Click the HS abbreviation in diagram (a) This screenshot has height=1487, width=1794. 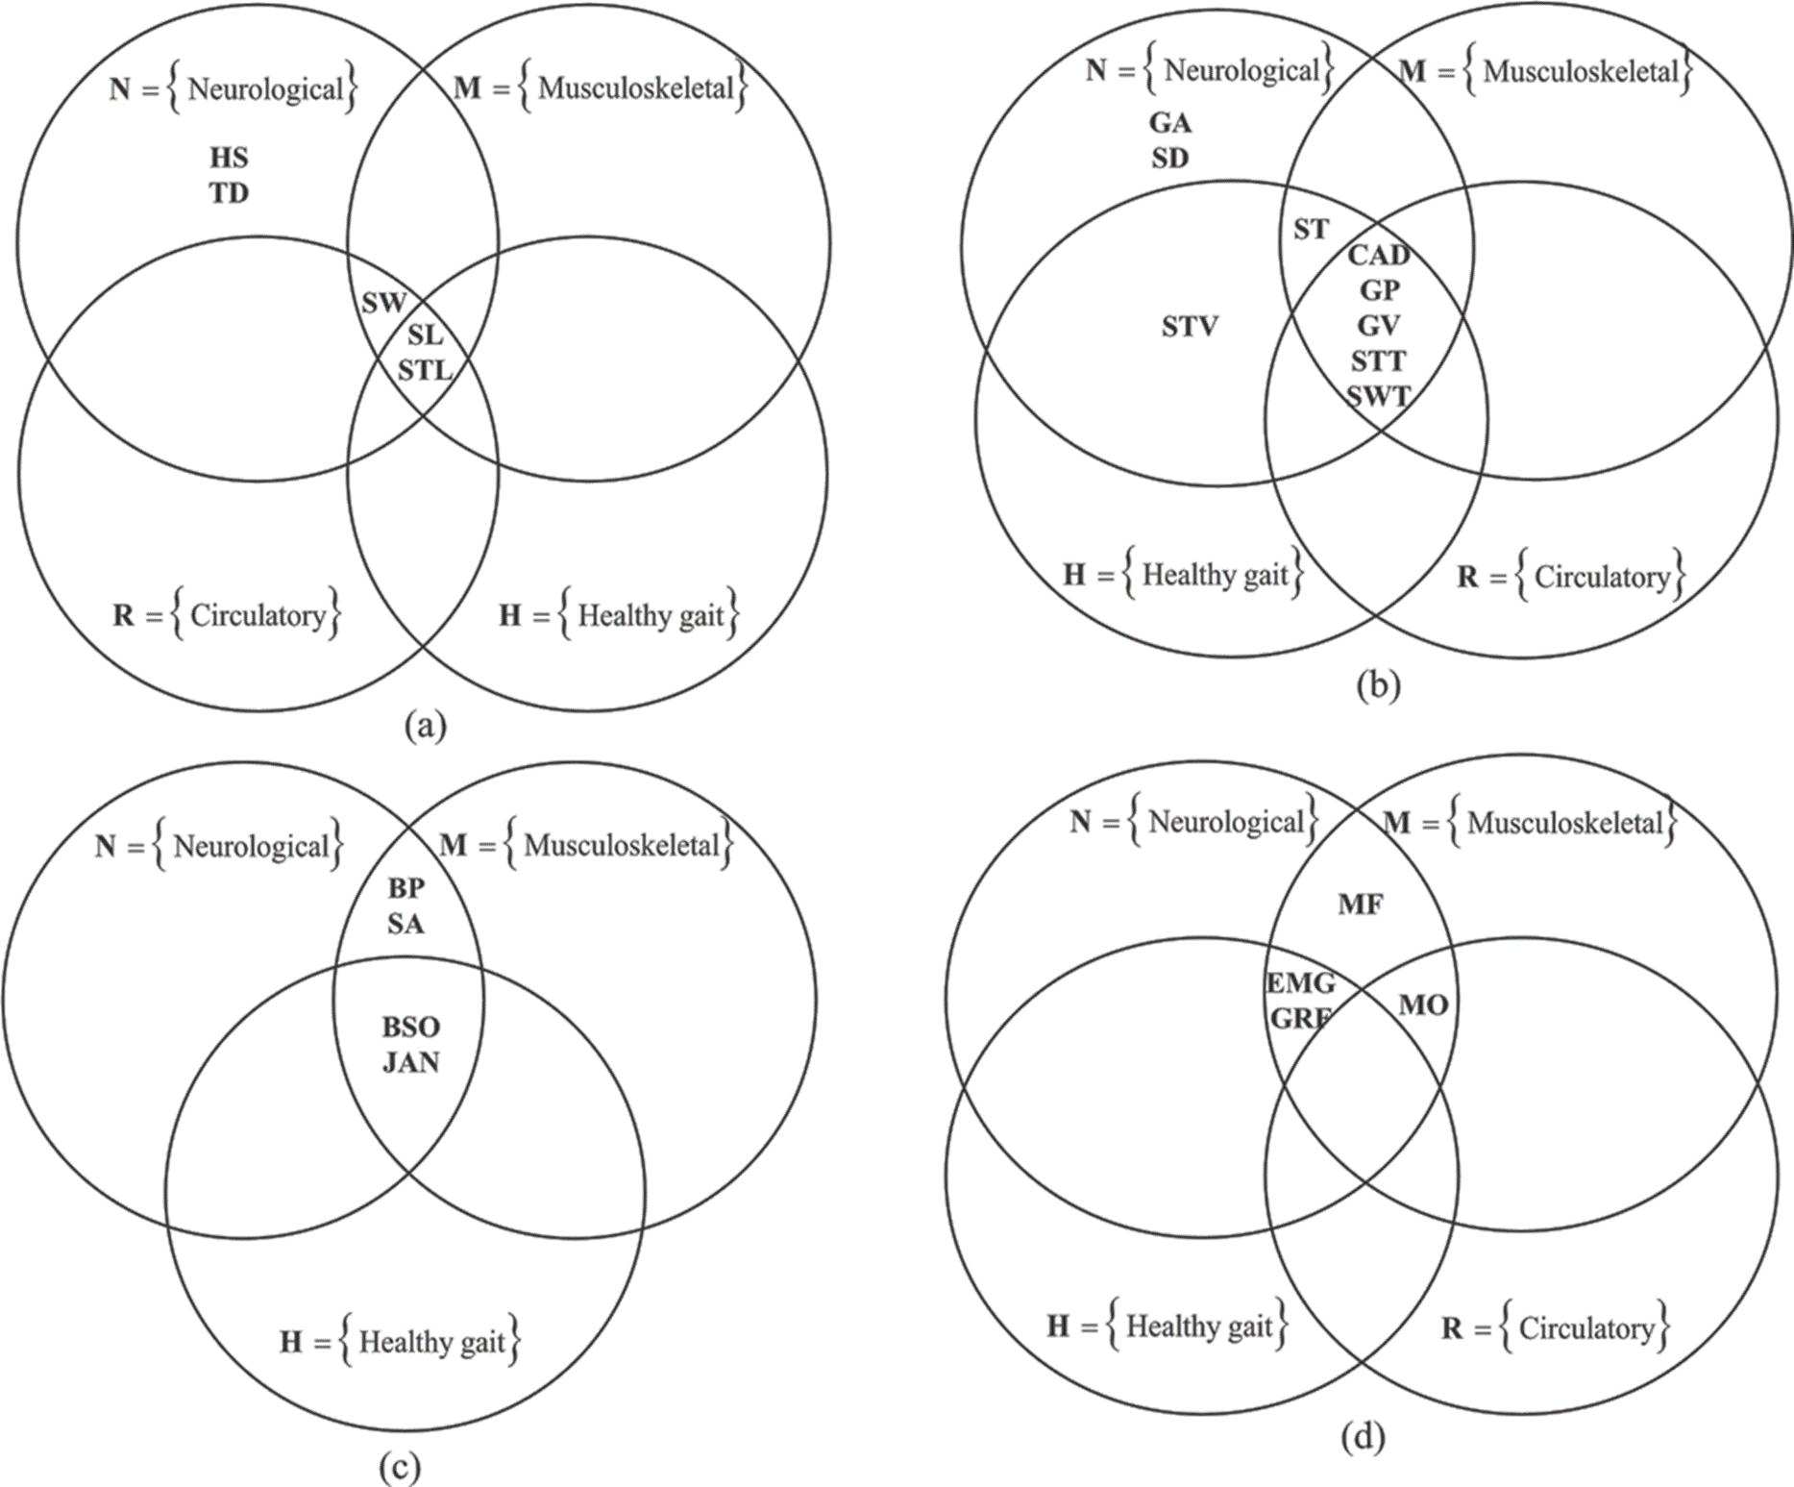click(x=229, y=158)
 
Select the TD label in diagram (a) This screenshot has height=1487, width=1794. click(x=229, y=193)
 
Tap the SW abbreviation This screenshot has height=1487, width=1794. click(x=383, y=304)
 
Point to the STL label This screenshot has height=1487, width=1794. click(x=425, y=369)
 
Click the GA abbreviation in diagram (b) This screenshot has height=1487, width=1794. click(x=1170, y=123)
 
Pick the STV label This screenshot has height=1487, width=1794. click(x=1190, y=327)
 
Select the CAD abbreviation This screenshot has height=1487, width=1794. click(x=1379, y=255)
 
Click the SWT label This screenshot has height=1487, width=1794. click(x=1379, y=395)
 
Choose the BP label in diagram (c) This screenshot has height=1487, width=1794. click(x=405, y=888)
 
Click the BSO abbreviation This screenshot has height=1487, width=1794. click(x=411, y=1027)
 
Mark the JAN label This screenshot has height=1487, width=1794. click(x=411, y=1062)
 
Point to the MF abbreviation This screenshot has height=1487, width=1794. click(x=1361, y=904)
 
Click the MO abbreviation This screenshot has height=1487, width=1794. click(x=1423, y=1005)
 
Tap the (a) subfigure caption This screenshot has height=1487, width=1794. click(x=426, y=724)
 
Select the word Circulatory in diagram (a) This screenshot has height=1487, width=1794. click(x=258, y=615)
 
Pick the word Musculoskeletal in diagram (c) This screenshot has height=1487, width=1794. click(x=621, y=846)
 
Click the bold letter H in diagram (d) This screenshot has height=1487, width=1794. click(x=1058, y=1326)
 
